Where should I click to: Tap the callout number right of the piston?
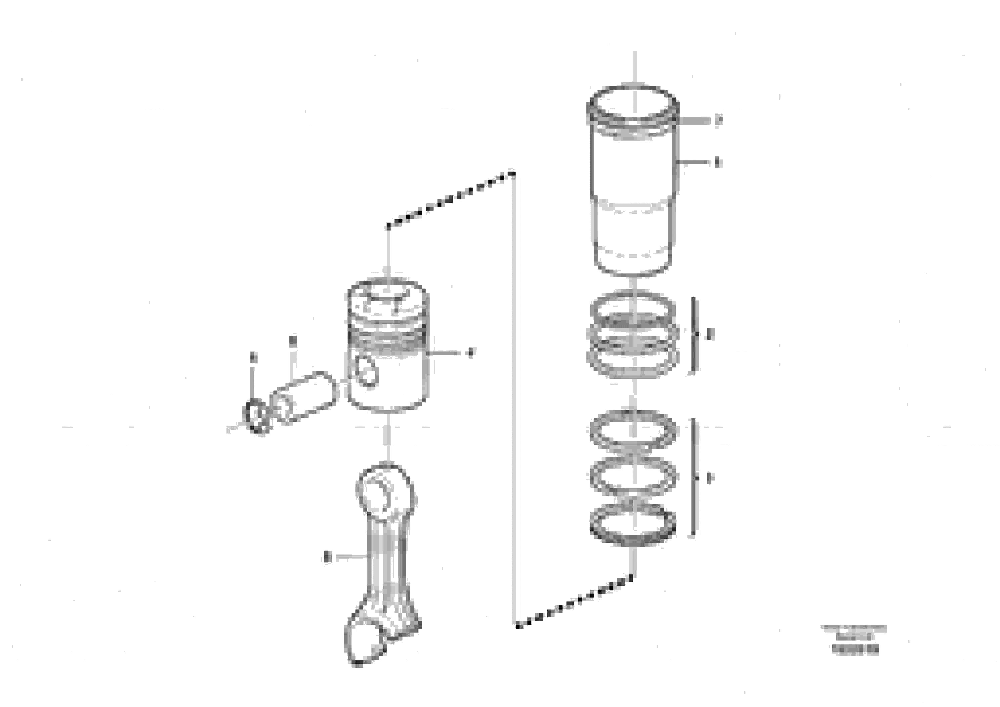point(470,353)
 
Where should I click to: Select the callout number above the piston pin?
point(293,341)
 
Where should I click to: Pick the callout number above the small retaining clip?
point(253,358)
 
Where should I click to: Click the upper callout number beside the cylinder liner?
point(718,120)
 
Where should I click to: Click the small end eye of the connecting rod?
point(383,488)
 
